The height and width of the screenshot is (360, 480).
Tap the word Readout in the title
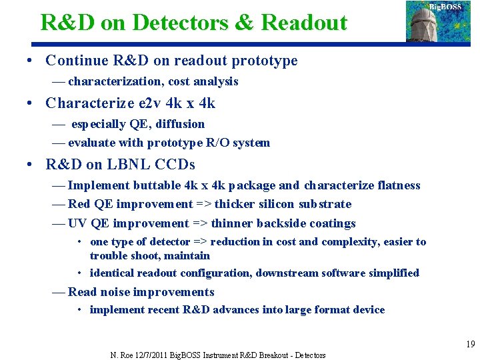[305, 22]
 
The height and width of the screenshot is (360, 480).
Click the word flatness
[397, 185]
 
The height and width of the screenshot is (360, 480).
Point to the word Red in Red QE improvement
[79, 204]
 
